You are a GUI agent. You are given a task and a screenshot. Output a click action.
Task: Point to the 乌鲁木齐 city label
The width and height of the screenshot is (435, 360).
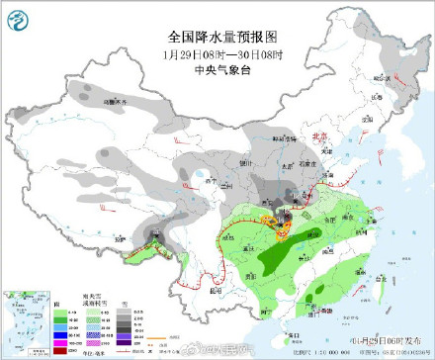tap(117, 102)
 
